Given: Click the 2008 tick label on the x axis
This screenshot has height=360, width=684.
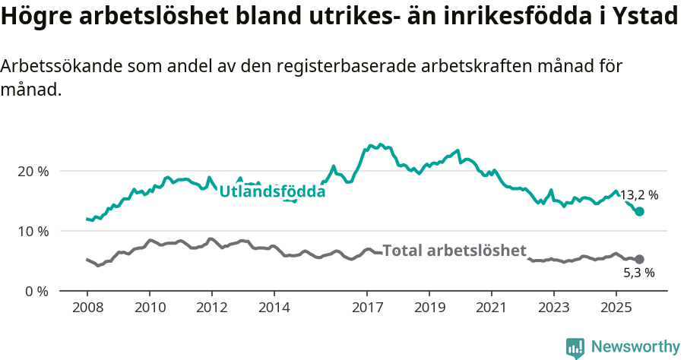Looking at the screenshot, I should (x=87, y=309).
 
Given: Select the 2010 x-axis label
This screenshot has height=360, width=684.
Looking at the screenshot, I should (x=149, y=309).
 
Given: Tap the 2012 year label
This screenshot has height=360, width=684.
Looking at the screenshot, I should (x=211, y=309).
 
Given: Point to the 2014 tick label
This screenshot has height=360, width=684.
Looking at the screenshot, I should (x=274, y=309).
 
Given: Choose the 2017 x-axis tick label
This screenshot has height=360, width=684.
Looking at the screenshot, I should (x=367, y=309).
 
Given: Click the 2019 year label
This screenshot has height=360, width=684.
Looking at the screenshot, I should (x=429, y=309).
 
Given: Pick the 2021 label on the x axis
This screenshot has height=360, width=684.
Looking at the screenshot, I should (x=491, y=309).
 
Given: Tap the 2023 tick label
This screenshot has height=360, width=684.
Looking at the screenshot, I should (x=553, y=309).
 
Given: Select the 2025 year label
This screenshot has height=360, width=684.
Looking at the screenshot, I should (x=616, y=309).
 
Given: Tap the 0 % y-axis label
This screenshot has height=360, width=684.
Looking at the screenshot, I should (x=36, y=291).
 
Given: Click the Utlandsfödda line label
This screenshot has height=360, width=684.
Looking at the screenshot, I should (x=272, y=192).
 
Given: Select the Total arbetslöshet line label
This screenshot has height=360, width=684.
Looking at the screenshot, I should (x=454, y=251).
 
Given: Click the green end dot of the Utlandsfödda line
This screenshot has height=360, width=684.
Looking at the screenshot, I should (x=639, y=212).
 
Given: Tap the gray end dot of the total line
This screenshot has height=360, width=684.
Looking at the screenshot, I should (x=639, y=260).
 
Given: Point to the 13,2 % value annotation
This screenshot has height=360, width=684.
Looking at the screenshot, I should (x=639, y=195).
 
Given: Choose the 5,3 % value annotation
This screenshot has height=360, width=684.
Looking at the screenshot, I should (x=639, y=273).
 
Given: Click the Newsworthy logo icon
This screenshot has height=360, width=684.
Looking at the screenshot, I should (x=575, y=347).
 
